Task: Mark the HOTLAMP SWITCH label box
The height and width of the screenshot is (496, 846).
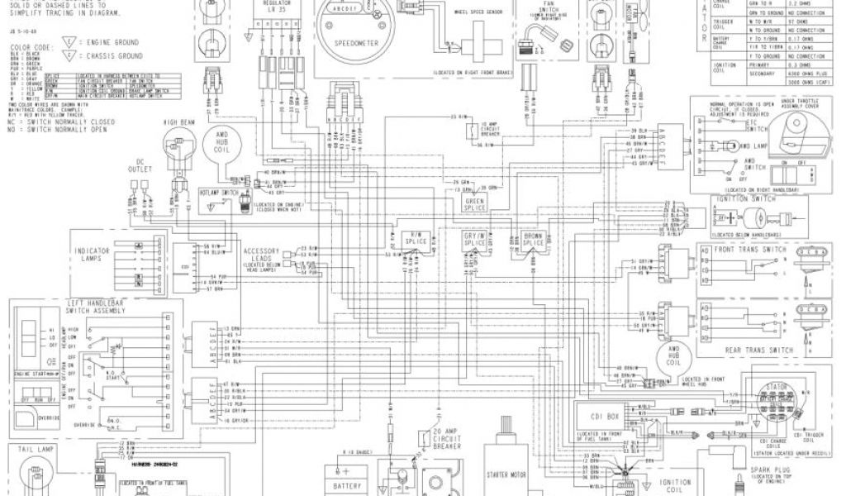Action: [x=219, y=191]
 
